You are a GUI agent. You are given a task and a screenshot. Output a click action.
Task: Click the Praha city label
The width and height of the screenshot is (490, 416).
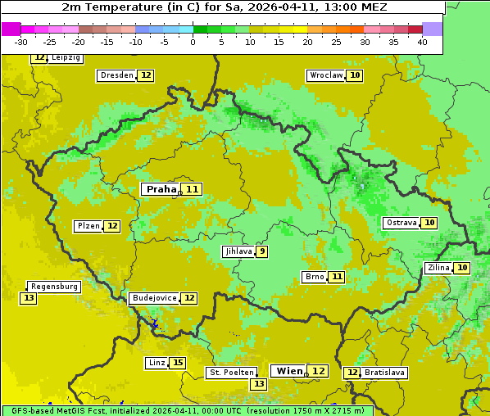tap(161, 189)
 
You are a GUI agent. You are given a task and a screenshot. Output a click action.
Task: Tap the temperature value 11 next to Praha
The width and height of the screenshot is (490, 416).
tap(193, 189)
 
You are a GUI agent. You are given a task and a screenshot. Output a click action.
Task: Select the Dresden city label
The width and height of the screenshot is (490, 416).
tap(116, 75)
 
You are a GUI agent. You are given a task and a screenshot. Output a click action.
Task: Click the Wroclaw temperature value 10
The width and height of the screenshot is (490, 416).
tap(354, 75)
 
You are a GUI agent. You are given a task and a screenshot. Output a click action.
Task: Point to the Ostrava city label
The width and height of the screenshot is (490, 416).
tap(402, 223)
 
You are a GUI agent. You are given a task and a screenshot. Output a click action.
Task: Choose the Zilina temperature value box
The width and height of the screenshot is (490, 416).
tap(462, 268)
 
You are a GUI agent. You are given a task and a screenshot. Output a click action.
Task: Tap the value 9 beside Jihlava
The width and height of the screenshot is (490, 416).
tap(262, 251)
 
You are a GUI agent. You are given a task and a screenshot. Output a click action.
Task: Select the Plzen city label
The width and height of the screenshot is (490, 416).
tap(88, 226)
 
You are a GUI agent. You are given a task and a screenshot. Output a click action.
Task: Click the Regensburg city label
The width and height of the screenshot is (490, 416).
tap(55, 287)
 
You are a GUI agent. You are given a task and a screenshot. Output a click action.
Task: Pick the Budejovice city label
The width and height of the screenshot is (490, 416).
tap(154, 298)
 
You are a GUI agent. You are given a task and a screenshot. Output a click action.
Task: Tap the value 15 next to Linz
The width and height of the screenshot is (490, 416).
tap(178, 363)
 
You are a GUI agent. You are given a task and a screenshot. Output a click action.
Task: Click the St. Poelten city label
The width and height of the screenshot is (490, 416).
tap(232, 373)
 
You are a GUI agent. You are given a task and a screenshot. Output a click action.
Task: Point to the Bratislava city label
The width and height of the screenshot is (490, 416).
tap(384, 373)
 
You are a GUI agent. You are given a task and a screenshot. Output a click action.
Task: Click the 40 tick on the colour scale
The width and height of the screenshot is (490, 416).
tap(422, 42)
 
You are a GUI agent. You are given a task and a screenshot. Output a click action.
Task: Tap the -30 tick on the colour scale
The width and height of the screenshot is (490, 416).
tap(21, 42)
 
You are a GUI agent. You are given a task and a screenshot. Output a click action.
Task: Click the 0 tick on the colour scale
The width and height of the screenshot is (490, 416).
tap(193, 42)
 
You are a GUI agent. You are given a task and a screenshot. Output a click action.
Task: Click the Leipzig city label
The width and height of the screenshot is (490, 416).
tap(66, 58)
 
